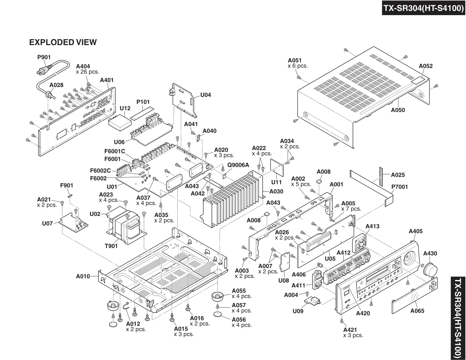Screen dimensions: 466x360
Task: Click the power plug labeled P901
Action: click(x=43, y=71)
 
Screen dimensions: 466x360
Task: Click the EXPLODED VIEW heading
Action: click(x=63, y=42)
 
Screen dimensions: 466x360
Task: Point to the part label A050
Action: click(x=398, y=110)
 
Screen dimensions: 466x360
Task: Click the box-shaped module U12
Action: click(x=119, y=123)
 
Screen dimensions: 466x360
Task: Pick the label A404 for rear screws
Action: click(x=83, y=67)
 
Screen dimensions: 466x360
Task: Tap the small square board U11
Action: click(x=277, y=168)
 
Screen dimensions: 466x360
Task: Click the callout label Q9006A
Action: click(x=238, y=165)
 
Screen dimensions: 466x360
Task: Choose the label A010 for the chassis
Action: click(x=83, y=277)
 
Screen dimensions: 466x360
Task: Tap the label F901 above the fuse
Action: click(x=67, y=185)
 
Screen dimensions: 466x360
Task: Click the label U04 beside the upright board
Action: click(x=206, y=95)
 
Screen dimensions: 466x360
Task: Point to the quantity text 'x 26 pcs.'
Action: click(x=87, y=72)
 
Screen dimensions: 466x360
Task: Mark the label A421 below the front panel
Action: click(x=350, y=330)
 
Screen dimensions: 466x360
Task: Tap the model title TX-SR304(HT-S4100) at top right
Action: click(x=424, y=8)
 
